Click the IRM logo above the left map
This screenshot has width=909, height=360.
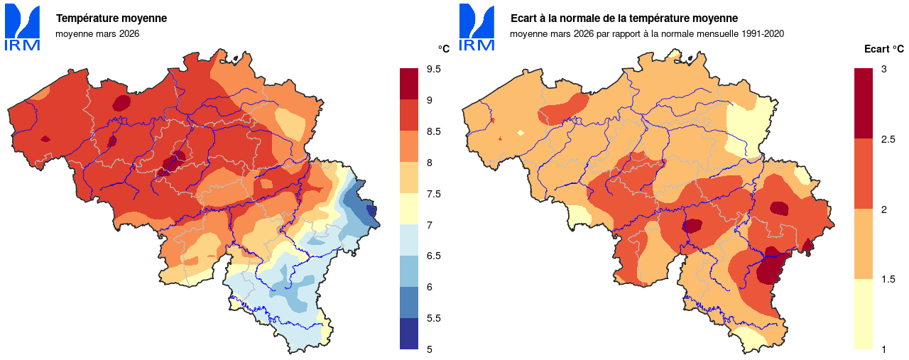click(x=23, y=28)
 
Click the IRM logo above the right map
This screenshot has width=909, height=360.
click(x=477, y=28)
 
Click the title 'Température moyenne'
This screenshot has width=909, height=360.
click(x=111, y=18)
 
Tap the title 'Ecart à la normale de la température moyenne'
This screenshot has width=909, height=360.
click(x=624, y=18)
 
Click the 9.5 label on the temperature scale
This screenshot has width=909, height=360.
click(x=433, y=69)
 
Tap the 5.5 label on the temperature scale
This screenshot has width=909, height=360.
click(x=433, y=318)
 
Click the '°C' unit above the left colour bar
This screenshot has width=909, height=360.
click(x=443, y=49)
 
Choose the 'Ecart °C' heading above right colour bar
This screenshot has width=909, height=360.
click(x=883, y=49)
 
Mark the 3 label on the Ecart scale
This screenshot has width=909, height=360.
click(x=883, y=69)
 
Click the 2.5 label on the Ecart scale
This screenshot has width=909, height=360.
click(x=888, y=139)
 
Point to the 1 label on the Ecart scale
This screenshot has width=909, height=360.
click(x=883, y=349)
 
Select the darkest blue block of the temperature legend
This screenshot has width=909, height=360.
click(x=409, y=334)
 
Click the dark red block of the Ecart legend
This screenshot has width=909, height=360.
click(x=864, y=104)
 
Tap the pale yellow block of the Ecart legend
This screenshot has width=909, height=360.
click(x=864, y=314)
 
